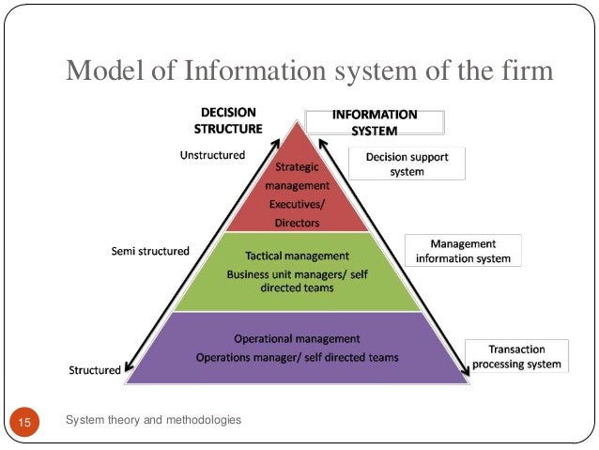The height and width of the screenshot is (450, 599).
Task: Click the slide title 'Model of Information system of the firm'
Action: (309, 70)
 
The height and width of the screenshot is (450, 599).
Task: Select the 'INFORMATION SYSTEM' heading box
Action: (375, 122)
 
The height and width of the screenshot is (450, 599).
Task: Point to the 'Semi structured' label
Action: (151, 251)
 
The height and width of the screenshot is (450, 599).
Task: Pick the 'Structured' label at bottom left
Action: (95, 369)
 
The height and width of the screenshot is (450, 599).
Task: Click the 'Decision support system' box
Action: (407, 164)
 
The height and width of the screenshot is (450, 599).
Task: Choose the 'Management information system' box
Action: (463, 251)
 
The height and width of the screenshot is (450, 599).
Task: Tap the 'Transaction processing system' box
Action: (516, 356)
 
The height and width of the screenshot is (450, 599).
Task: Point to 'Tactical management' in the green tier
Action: (297, 256)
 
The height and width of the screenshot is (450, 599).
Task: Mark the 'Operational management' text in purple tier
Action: (297, 338)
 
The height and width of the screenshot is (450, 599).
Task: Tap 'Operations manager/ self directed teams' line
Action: (297, 357)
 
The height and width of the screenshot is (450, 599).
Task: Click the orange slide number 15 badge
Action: (24, 424)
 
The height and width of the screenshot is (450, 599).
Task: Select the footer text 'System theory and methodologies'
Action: (154, 420)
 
